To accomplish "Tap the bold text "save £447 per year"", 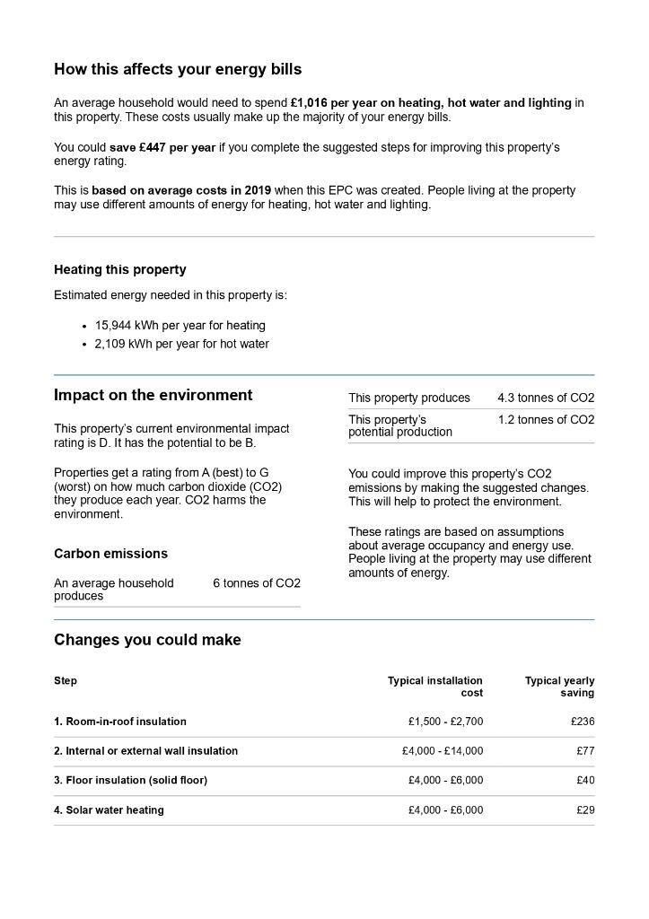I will click(162, 147).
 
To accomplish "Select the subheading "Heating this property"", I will click(120, 269).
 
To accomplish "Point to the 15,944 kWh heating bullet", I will click(180, 326).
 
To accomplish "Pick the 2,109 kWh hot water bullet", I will click(181, 344).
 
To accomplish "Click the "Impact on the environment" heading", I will click(153, 395).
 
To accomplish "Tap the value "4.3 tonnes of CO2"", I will click(546, 398).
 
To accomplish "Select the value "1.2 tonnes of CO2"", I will click(546, 420).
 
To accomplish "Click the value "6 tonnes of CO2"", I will click(257, 583).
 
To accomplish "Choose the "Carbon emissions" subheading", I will click(110, 554).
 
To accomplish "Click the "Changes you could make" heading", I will click(147, 640).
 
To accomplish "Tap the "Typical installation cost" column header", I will click(435, 687).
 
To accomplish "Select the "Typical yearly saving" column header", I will click(559, 687).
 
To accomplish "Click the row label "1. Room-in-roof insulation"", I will click(120, 722).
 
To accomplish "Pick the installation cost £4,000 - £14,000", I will click(443, 751).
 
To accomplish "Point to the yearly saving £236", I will click(582, 722).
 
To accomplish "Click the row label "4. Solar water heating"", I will click(109, 810).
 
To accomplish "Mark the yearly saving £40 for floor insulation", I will click(585, 781).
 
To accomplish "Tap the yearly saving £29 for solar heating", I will click(585, 810).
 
